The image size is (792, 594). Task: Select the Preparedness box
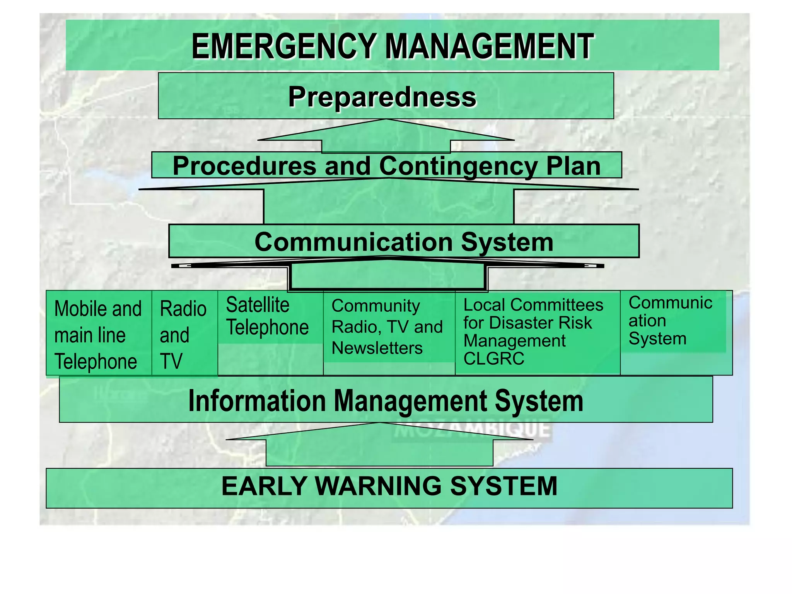(386, 96)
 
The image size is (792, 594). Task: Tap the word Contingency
(458, 166)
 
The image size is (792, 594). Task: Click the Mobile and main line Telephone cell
(98, 335)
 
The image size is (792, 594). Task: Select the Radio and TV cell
(183, 335)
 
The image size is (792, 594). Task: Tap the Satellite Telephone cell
(267, 316)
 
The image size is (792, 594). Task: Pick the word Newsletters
(377, 348)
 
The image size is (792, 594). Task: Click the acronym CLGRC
(494, 359)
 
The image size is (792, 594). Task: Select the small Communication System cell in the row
(670, 321)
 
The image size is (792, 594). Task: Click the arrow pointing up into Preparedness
(386, 137)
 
